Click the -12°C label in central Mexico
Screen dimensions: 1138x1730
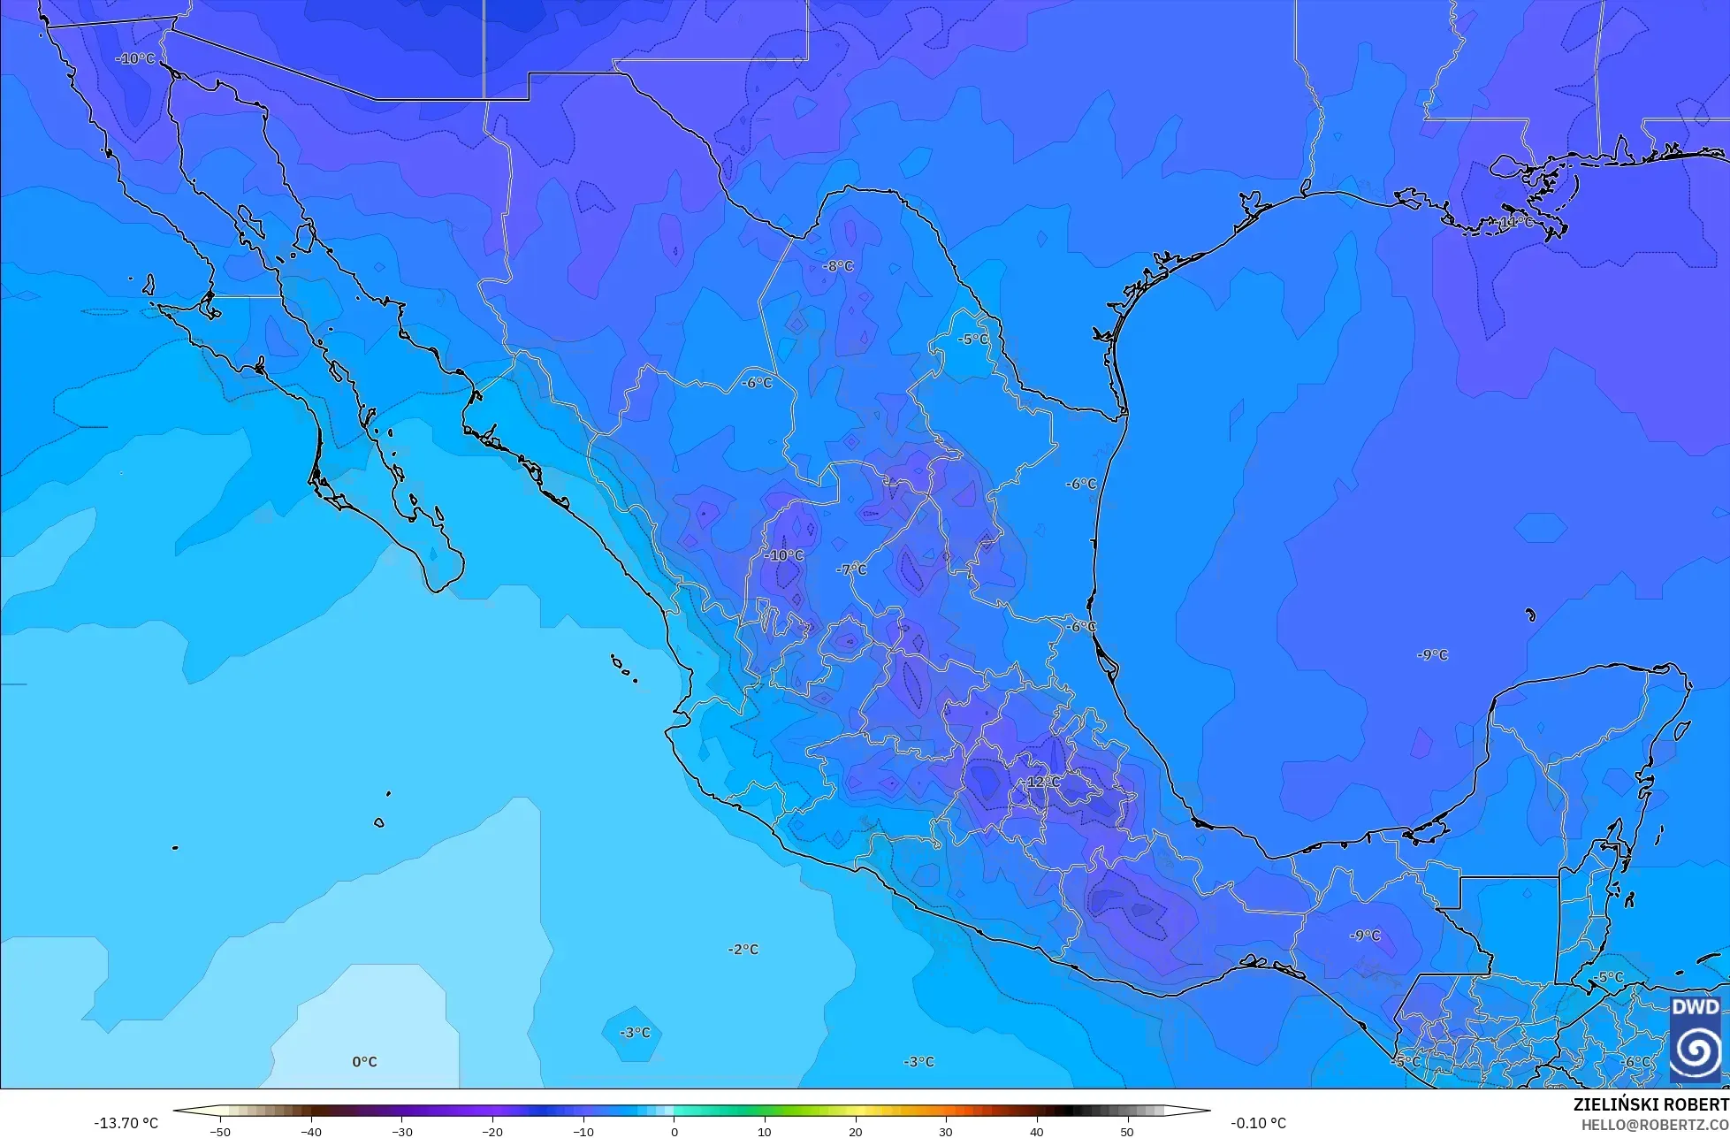(1043, 783)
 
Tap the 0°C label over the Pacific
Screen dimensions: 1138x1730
(364, 1062)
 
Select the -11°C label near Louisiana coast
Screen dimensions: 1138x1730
(1516, 222)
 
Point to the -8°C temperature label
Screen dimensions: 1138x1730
(838, 266)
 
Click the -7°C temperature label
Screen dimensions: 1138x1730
(851, 569)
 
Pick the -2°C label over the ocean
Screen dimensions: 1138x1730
(743, 950)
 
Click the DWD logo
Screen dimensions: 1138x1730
(1695, 1038)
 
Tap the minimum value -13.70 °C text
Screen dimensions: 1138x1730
(126, 1123)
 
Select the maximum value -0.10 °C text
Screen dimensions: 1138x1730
(1258, 1123)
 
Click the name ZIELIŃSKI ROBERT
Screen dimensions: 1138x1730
(1650, 1104)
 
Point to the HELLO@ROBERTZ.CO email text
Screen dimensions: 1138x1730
(1655, 1125)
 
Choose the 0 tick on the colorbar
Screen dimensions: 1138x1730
(674, 1132)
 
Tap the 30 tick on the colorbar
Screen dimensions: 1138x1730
(946, 1132)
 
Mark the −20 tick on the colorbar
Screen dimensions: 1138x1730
(492, 1132)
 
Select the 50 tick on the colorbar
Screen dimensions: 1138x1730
(1127, 1132)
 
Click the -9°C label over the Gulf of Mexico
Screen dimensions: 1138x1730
(1432, 655)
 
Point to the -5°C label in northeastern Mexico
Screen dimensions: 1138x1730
(973, 340)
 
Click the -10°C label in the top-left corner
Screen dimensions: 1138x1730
(135, 58)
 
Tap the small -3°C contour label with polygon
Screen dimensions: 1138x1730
(634, 1033)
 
